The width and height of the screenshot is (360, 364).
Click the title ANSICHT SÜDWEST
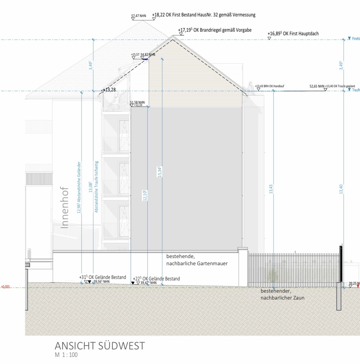(100, 346)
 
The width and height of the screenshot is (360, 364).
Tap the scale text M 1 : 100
(66, 355)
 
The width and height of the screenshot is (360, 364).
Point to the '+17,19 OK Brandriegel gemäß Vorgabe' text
(215, 30)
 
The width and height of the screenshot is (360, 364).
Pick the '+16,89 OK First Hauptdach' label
(293, 34)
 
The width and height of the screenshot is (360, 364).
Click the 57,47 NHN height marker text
(139, 16)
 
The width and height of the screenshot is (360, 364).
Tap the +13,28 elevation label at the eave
(109, 90)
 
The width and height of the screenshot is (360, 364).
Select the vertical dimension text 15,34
(160, 172)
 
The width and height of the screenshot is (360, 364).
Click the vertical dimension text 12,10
(145, 195)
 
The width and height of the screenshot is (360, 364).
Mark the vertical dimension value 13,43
(271, 189)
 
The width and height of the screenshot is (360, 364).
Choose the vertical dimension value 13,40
(341, 189)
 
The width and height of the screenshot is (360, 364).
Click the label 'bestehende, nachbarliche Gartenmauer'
(197, 260)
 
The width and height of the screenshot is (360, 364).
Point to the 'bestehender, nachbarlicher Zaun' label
(282, 294)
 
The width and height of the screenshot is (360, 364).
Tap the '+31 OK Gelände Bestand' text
(103, 277)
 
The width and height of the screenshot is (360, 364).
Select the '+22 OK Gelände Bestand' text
(156, 279)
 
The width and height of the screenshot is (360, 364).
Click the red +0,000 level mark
(5, 287)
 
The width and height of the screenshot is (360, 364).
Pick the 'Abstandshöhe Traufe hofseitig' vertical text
(96, 187)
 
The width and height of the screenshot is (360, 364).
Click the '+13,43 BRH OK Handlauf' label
(270, 86)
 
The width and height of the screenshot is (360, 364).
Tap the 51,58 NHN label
(137, 103)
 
